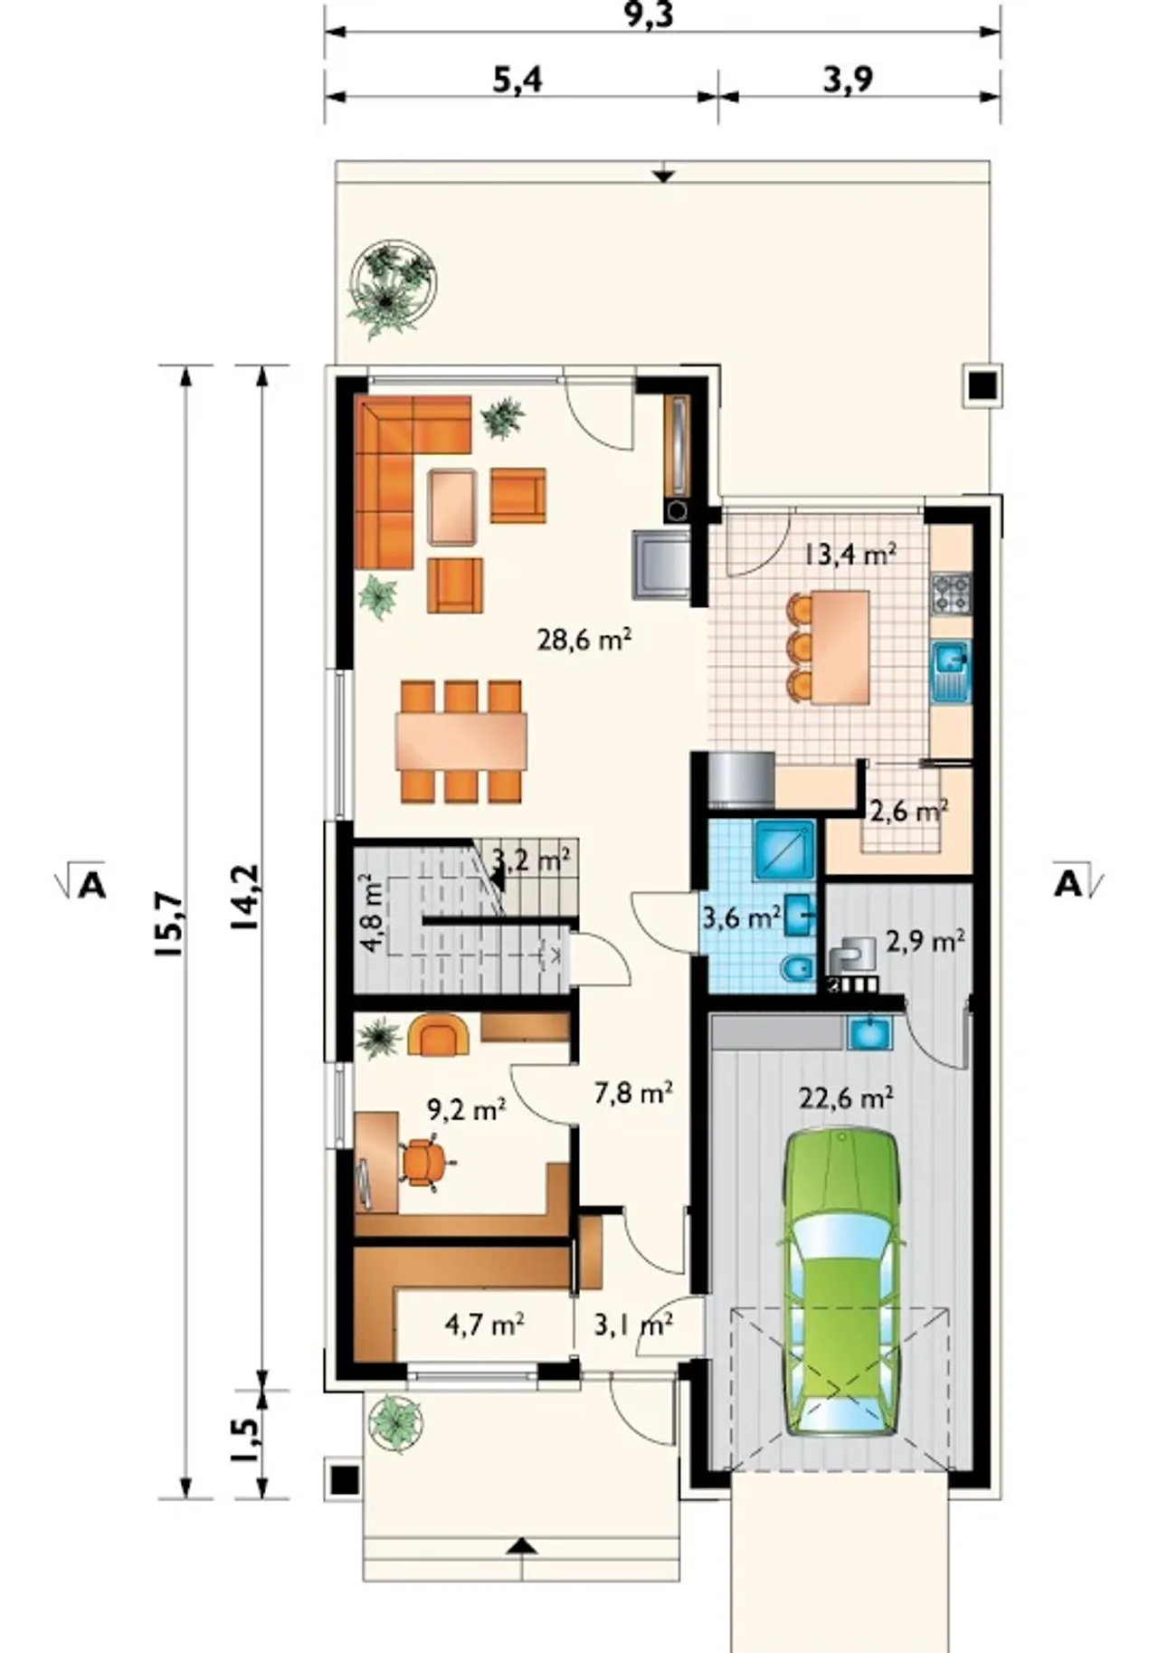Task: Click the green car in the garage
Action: [x=843, y=1281]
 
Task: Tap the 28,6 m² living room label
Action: [x=584, y=640]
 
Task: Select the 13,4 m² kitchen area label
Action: [x=850, y=553]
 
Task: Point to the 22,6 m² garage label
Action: [x=846, y=1097]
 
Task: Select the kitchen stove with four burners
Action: [x=951, y=593]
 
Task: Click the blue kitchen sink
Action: [x=951, y=672]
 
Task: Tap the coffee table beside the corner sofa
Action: [x=451, y=507]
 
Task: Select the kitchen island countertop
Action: [x=840, y=646]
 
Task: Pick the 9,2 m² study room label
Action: [x=465, y=1110]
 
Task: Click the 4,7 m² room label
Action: [x=485, y=1326]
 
